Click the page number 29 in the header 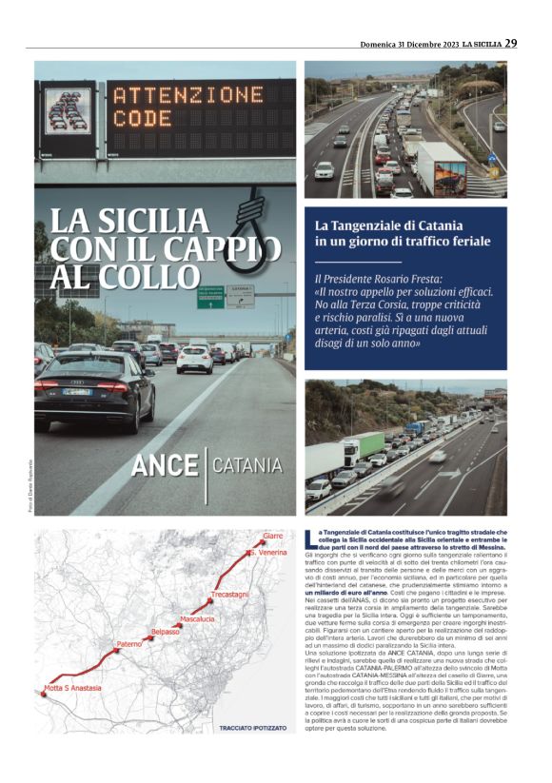(x=511, y=43)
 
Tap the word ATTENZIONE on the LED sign (x=187, y=96)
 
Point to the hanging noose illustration (x=250, y=218)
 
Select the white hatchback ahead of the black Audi (x=194, y=358)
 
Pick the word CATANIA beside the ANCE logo (x=246, y=466)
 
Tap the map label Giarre (x=272, y=538)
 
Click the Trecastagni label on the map (x=228, y=595)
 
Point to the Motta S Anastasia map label (x=72, y=688)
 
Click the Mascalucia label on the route (x=197, y=619)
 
